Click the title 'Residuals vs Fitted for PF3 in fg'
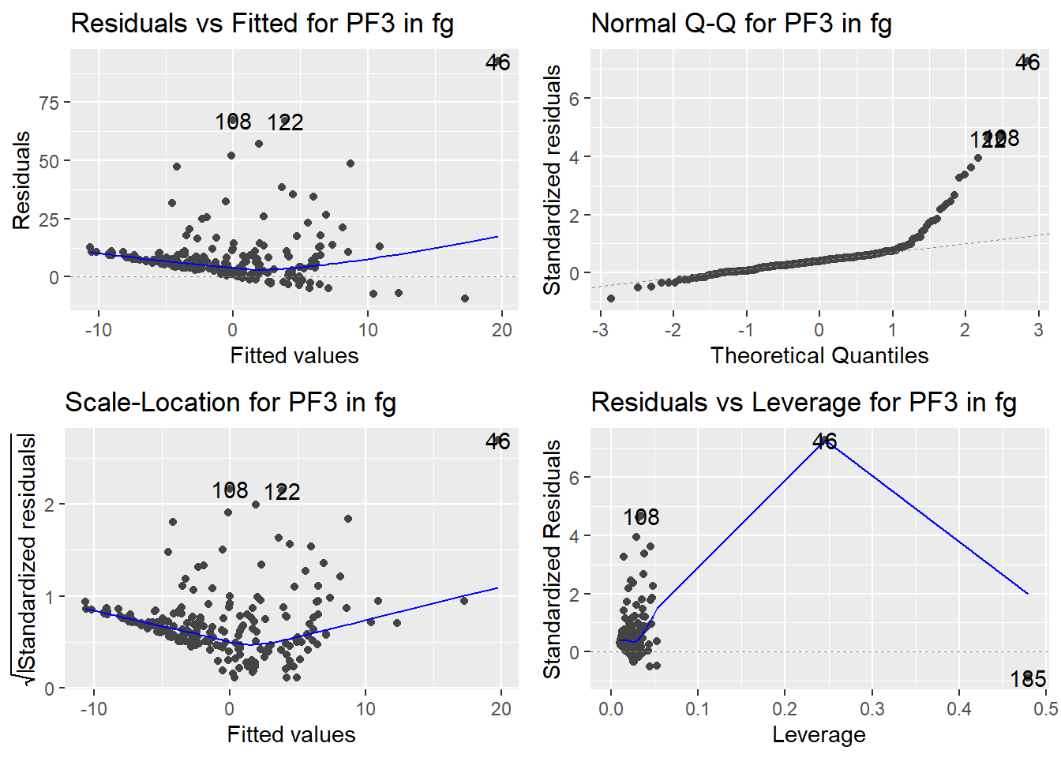click(x=262, y=23)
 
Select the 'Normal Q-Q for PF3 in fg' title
click(x=740, y=23)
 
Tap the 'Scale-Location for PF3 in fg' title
click(x=230, y=402)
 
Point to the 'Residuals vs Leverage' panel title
click(x=803, y=402)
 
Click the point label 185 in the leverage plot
click(x=1027, y=679)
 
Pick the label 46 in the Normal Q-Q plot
click(x=1027, y=62)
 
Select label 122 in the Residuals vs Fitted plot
click(x=285, y=122)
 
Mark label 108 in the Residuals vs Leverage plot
click(x=640, y=517)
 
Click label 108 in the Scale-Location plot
click(x=230, y=490)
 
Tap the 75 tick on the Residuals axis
click(x=49, y=103)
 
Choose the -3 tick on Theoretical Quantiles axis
click(x=600, y=330)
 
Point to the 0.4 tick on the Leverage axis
click(x=958, y=709)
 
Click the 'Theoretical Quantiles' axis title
click(x=819, y=356)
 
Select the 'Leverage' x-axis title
click(x=819, y=735)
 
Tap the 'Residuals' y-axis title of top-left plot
click(x=22, y=180)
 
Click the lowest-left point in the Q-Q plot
click(x=611, y=298)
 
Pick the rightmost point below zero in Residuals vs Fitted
click(x=465, y=298)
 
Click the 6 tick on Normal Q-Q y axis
click(x=574, y=99)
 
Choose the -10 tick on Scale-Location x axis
click(x=93, y=709)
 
